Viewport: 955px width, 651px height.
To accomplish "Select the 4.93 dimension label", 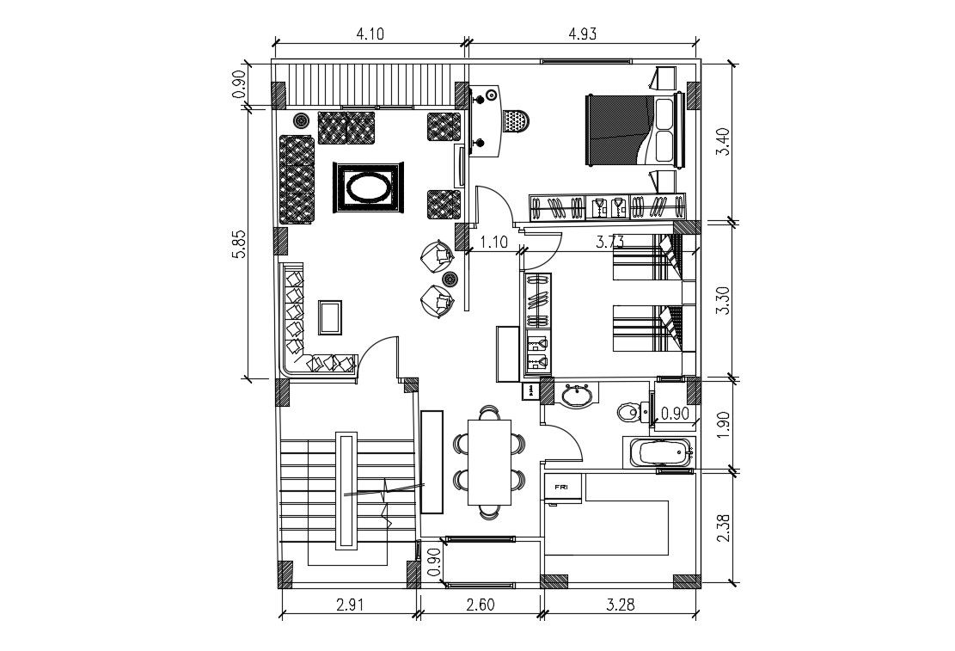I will pos(582,34).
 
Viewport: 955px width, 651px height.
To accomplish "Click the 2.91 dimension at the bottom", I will pos(349,604).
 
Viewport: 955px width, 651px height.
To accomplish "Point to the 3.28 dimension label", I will pos(619,604).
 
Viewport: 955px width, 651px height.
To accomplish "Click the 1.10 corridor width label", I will pos(493,243).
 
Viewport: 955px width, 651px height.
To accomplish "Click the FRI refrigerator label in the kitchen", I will pos(561,487).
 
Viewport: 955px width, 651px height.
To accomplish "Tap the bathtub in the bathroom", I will pos(659,452).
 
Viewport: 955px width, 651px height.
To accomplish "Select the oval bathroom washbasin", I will pos(575,396).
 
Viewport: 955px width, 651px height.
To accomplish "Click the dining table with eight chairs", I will pos(489,462).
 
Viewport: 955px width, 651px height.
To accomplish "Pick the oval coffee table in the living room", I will pos(368,186).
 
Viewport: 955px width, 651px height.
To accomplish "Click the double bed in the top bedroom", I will pos(634,129).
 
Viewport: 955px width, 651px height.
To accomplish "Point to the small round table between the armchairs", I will pos(450,278).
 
